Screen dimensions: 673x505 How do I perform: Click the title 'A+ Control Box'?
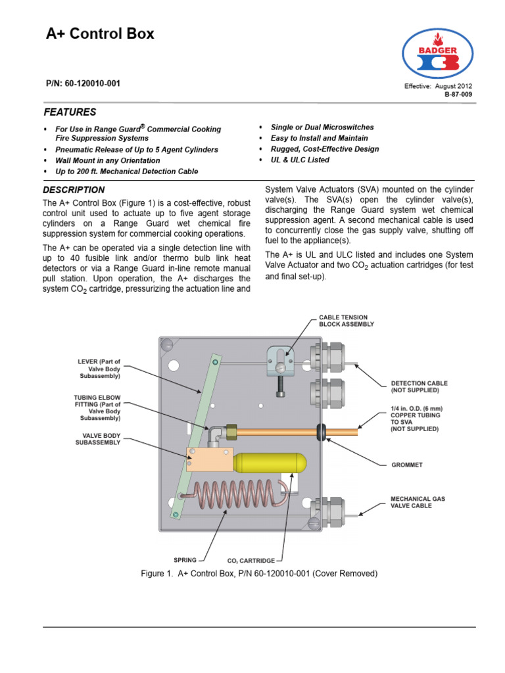pos(100,34)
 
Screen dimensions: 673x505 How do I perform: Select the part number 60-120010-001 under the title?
pos(83,84)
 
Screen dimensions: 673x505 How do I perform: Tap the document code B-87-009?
pos(458,95)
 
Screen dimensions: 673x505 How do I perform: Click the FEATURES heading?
pos(70,112)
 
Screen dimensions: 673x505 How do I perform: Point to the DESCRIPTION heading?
pos(74,190)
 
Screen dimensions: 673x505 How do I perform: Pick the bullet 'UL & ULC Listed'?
pos(300,160)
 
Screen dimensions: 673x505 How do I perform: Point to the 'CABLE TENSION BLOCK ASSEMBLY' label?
pos(347,320)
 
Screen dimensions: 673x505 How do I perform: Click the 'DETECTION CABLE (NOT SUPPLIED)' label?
pos(419,386)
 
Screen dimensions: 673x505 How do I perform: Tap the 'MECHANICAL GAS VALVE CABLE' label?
pos(418,503)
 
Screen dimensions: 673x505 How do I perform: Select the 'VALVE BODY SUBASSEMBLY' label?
pos(99,439)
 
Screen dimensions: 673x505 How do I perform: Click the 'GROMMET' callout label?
pos(406,465)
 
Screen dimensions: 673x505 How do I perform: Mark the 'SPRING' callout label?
pos(185,560)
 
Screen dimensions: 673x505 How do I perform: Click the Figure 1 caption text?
pos(259,574)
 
